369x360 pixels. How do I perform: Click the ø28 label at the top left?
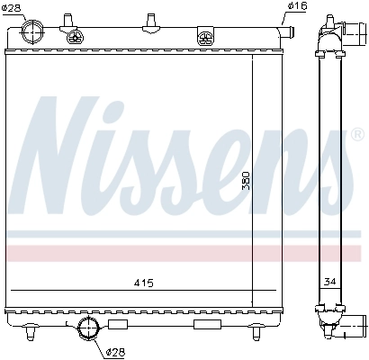(13, 8)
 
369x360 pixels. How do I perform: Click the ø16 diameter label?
(298, 7)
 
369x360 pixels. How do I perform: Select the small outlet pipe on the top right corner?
(288, 32)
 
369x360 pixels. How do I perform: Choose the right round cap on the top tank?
(206, 38)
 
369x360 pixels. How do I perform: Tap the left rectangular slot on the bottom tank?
(117, 323)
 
